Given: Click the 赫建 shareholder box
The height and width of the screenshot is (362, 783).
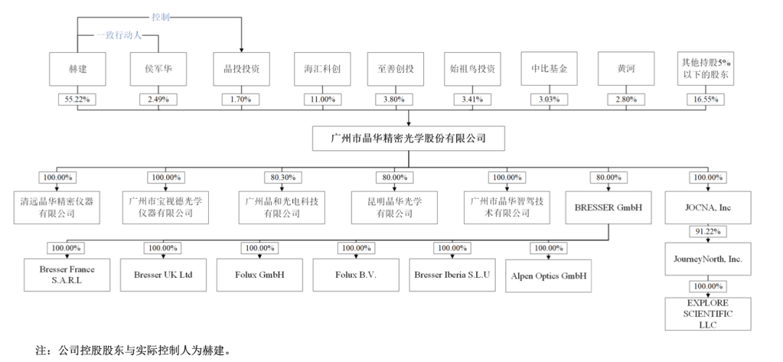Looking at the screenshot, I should coord(78,70).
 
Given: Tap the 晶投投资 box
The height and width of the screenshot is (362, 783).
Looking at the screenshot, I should coord(241,70).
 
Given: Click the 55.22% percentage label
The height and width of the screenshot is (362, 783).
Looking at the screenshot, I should coord(78,99).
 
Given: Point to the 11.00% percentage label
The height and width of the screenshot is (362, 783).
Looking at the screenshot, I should coord(323,99).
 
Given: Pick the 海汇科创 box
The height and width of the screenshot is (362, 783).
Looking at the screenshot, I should coord(323,70).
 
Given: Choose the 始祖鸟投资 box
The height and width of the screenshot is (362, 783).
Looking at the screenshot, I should coord(473,70).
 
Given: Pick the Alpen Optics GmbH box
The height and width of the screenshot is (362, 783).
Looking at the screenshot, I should coord(548,276).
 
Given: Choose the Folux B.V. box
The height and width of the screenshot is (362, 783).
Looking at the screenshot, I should coord(356,275).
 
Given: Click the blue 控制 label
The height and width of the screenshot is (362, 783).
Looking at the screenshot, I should coord(161,16).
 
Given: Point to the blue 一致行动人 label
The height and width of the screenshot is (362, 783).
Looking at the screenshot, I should coord(119,35).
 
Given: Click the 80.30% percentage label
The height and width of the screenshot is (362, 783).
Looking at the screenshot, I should coord(278,177).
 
